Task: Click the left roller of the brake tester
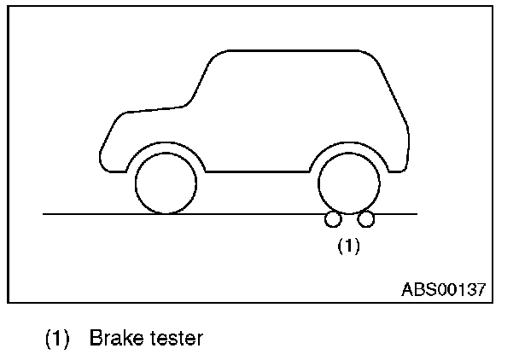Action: (x=331, y=221)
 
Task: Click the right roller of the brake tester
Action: (x=366, y=221)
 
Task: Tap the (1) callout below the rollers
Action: (x=348, y=247)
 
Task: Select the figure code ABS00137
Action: (x=443, y=289)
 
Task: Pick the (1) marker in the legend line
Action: (x=56, y=339)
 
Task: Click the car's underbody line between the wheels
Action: (x=256, y=171)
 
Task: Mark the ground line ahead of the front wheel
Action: (x=85, y=213)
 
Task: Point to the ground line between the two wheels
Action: (x=256, y=213)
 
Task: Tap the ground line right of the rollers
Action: (x=397, y=213)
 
